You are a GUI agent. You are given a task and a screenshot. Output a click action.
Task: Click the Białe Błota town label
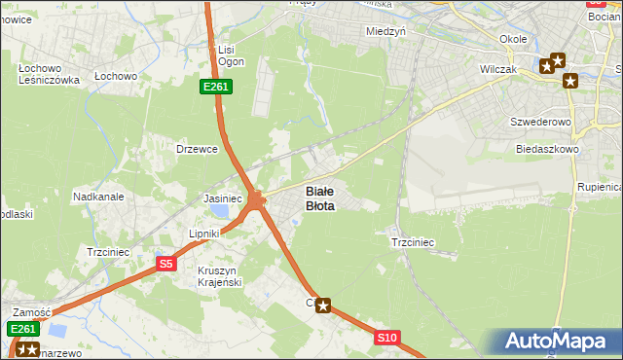pos(320,198)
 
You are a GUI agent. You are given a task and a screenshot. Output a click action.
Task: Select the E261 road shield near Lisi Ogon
pos(215,88)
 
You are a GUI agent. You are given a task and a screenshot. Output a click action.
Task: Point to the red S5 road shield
pos(166,263)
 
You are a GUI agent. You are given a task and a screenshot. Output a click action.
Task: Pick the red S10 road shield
pos(386,338)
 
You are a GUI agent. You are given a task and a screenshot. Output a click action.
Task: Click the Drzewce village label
pos(196,149)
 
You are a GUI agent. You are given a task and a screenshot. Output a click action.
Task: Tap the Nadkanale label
pos(97,196)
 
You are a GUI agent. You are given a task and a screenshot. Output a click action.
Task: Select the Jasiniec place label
pos(222,198)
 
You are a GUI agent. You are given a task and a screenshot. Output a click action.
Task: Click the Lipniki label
pos(204,234)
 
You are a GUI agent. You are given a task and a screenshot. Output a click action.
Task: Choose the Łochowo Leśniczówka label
pos(48,75)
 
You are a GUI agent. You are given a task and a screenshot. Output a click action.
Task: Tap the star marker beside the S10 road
pos(323,306)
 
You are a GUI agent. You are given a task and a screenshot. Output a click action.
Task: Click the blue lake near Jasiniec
pos(223,211)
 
